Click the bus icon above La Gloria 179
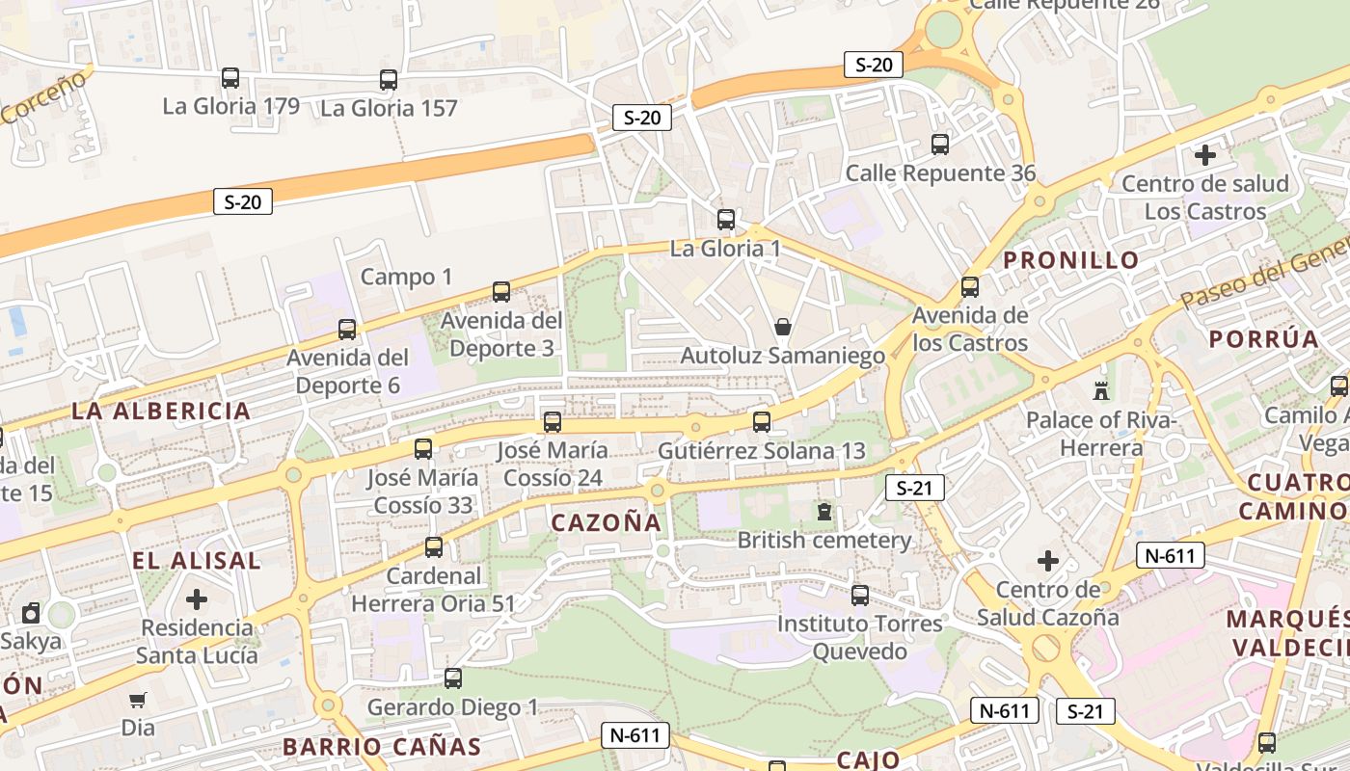pyautogui.click(x=230, y=78)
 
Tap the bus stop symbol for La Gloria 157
pyautogui.click(x=389, y=80)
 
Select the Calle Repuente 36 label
pyautogui.click(x=940, y=173)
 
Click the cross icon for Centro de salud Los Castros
pyautogui.click(x=1204, y=154)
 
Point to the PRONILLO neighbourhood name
pyautogui.click(x=1071, y=259)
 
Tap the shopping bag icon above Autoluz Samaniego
pyautogui.click(x=783, y=327)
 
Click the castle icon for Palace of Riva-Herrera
pyautogui.click(x=1100, y=390)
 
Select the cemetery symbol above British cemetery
pyautogui.click(x=824, y=511)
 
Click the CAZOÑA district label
pyautogui.click(x=607, y=522)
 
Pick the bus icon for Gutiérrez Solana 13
pyautogui.click(x=762, y=421)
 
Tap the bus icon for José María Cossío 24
pyautogui.click(x=553, y=421)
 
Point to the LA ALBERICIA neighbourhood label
pyautogui.click(x=161, y=411)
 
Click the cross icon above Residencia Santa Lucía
pyautogui.click(x=197, y=599)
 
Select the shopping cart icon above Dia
pyautogui.click(x=138, y=699)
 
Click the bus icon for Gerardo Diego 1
pyautogui.click(x=453, y=678)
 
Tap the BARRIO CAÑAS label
pyautogui.click(x=382, y=747)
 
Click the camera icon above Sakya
pyautogui.click(x=32, y=613)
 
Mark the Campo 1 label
pyautogui.click(x=406, y=278)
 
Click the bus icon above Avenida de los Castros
pyautogui.click(x=970, y=286)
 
